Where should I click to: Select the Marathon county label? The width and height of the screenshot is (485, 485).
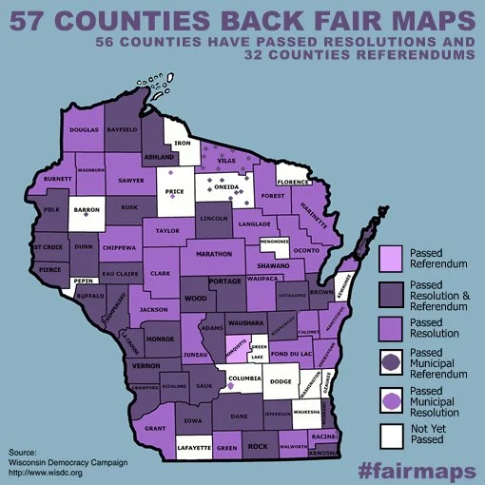pyautogui.click(x=214, y=254)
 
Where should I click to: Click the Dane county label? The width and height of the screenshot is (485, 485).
pyautogui.click(x=240, y=416)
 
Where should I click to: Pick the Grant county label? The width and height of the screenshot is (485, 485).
pyautogui.click(x=156, y=429)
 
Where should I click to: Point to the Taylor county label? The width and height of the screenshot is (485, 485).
pyautogui.click(x=167, y=230)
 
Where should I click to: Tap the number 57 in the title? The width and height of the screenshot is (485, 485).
pyautogui.click(x=29, y=18)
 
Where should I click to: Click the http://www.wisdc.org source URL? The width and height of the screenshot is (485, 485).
pyautogui.click(x=46, y=472)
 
